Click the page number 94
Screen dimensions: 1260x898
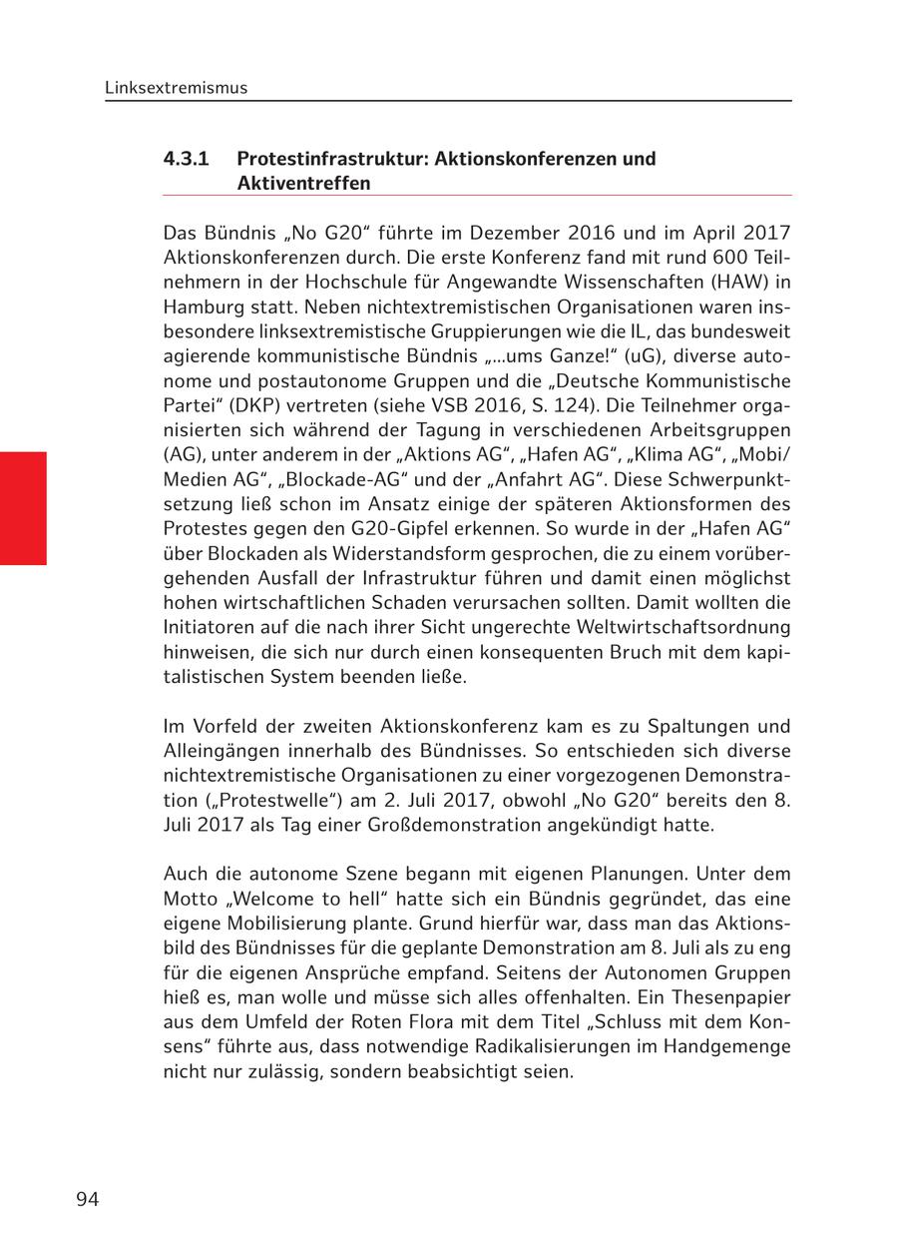point(87,1199)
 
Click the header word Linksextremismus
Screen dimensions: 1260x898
point(176,88)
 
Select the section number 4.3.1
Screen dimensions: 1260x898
point(186,159)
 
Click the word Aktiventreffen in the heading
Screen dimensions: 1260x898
point(303,184)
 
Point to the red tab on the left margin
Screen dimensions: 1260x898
point(23,508)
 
